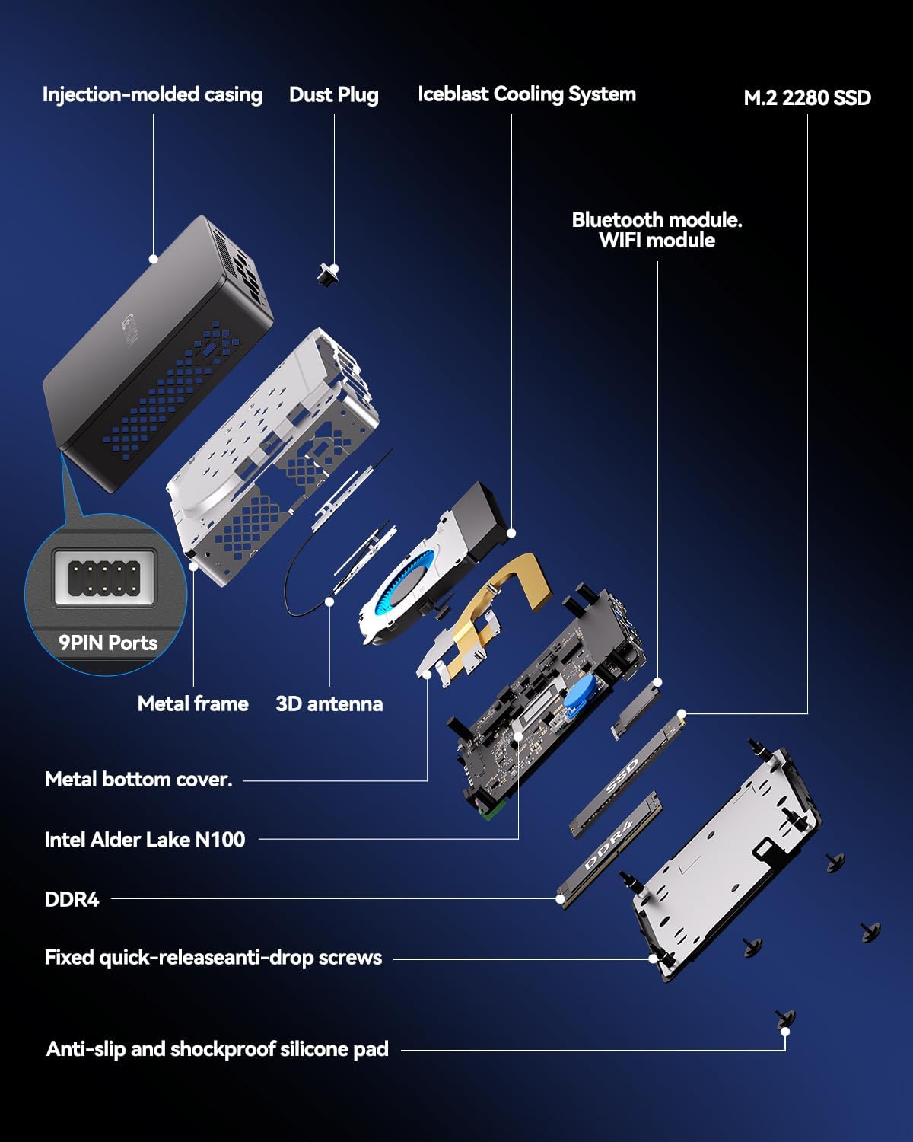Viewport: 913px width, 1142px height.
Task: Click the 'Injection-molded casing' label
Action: (152, 94)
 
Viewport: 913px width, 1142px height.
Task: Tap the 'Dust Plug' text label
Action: (333, 95)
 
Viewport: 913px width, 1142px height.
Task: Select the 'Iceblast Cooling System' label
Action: (526, 94)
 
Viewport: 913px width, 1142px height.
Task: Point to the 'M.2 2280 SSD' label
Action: (806, 97)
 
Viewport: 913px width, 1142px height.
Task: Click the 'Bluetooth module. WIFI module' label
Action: (657, 230)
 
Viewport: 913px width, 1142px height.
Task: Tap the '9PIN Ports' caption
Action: (108, 643)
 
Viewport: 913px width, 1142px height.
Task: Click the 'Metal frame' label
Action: (192, 703)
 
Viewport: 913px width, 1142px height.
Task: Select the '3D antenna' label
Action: (329, 703)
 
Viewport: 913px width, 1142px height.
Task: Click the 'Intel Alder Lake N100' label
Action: (145, 839)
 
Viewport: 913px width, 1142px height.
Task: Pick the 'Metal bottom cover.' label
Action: (138, 779)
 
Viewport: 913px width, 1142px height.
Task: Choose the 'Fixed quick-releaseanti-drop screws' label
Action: (213, 957)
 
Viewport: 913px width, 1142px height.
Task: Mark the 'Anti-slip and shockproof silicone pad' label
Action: (217, 1048)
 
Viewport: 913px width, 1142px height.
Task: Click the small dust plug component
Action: (329, 273)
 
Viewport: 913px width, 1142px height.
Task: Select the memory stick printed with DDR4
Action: (609, 845)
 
